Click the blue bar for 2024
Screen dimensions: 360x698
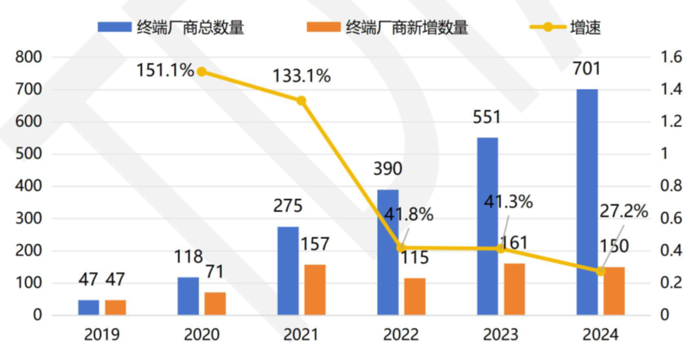[587, 201]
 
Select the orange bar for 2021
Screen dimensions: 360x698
[314, 290]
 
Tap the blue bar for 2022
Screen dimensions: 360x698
[388, 252]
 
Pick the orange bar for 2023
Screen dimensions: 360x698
[513, 289]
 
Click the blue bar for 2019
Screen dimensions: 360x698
[88, 307]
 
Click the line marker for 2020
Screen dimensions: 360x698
[202, 72]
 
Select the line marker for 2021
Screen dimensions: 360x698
[301, 100]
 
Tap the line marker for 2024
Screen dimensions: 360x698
[600, 271]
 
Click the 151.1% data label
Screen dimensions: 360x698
[164, 70]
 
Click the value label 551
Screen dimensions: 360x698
[487, 118]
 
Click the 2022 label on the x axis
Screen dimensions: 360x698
[399, 335]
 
